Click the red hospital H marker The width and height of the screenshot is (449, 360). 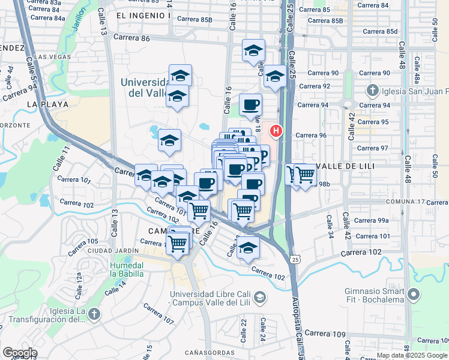(277, 130)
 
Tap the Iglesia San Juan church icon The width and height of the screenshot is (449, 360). (372, 91)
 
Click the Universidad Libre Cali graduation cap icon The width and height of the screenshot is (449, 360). (260, 297)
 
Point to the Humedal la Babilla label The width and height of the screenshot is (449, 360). (127, 269)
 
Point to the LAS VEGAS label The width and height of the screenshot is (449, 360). (52, 57)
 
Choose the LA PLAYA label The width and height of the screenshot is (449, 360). (44, 104)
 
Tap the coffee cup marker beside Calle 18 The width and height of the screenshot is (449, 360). (250, 105)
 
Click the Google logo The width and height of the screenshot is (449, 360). (19, 353)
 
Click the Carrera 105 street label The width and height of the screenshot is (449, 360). (84, 241)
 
